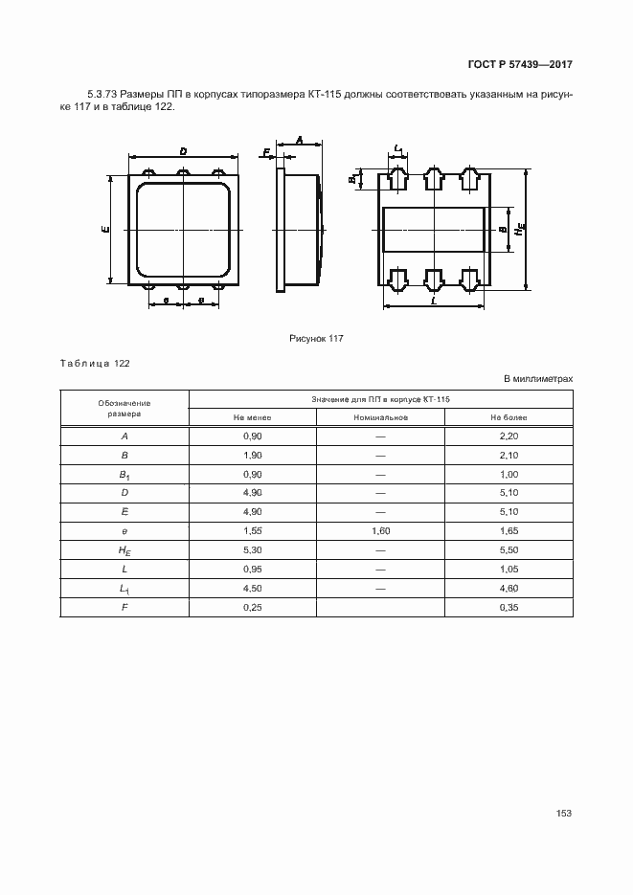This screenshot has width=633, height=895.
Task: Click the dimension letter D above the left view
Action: (x=182, y=150)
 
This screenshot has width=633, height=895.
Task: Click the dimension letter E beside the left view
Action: (x=105, y=229)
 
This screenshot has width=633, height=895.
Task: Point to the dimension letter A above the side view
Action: (x=300, y=140)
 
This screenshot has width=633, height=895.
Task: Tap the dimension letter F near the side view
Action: (x=266, y=151)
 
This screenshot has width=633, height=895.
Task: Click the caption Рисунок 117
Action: (x=316, y=338)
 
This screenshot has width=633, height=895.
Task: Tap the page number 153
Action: (x=563, y=813)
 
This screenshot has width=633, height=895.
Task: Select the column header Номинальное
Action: (x=380, y=417)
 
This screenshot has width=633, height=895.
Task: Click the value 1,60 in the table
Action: (x=380, y=529)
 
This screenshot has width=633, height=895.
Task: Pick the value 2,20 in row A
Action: (x=509, y=437)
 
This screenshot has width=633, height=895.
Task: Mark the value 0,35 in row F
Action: (x=509, y=606)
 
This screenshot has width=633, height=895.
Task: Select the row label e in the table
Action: (x=124, y=529)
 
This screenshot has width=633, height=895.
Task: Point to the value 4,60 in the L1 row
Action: (x=509, y=588)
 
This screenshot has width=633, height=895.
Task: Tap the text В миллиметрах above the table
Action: (x=538, y=379)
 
